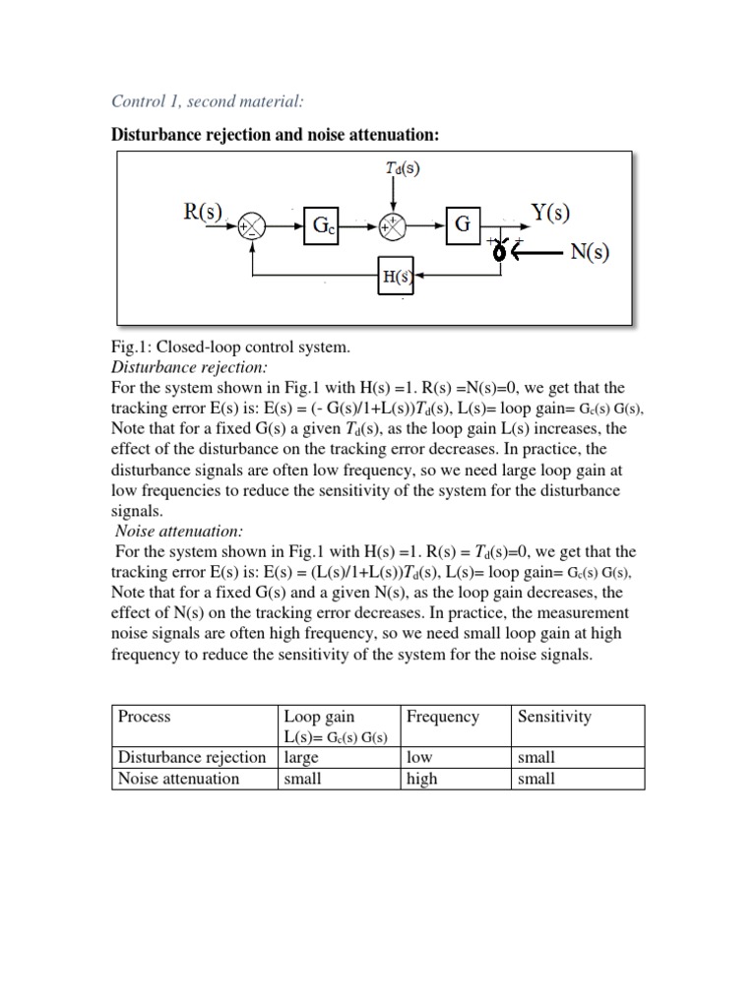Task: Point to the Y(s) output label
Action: pos(550,212)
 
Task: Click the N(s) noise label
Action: pos(590,251)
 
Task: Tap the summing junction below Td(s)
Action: pos(394,226)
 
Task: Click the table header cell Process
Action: pos(144,717)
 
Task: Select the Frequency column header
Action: pos(442,717)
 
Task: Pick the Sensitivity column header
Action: pos(554,717)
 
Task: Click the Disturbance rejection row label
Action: pos(192,757)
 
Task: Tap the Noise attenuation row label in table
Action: pos(178,779)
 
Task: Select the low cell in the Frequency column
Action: pos(417,757)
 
